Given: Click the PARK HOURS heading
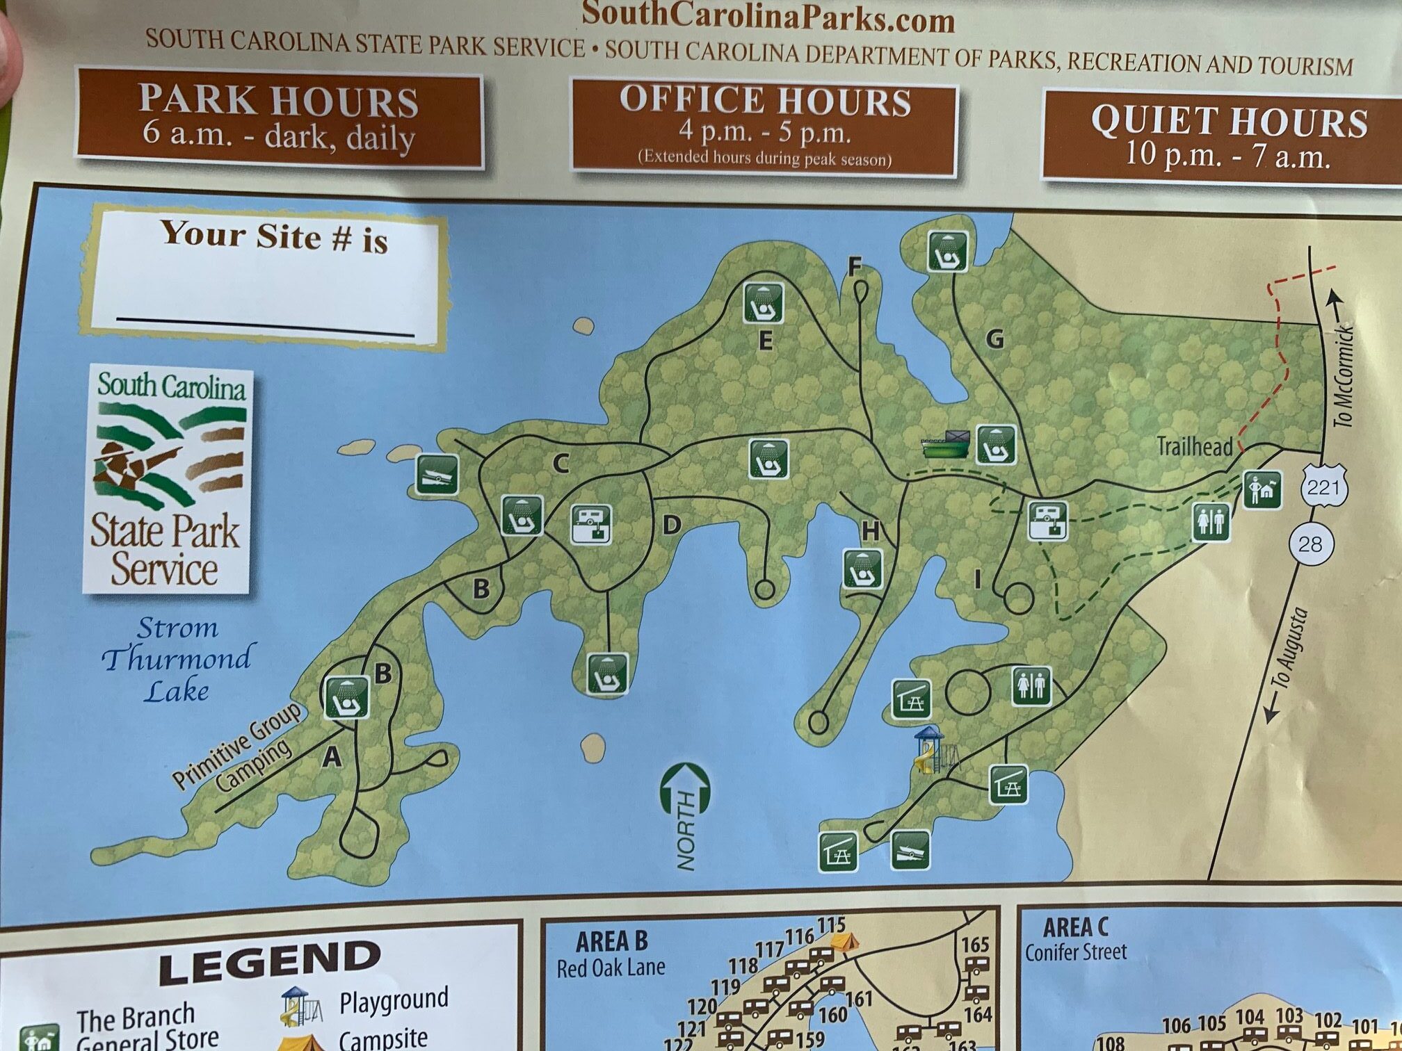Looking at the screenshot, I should tap(278, 101).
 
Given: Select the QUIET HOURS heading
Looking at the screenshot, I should tap(1229, 122).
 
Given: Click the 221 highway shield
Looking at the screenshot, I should tap(1323, 488).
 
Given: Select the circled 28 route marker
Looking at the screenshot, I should tap(1310, 543).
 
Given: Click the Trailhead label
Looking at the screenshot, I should tap(1194, 446).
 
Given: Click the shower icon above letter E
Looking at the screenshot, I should tap(764, 302).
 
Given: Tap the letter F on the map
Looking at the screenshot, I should tap(855, 266).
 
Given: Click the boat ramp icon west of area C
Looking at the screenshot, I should tap(437, 475).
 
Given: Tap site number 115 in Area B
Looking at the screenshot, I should tap(831, 925).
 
